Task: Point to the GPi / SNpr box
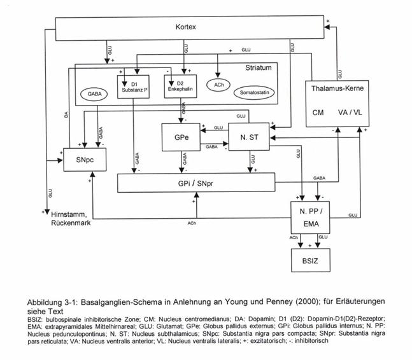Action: coord(196,183)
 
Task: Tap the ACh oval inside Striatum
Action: coord(218,85)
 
